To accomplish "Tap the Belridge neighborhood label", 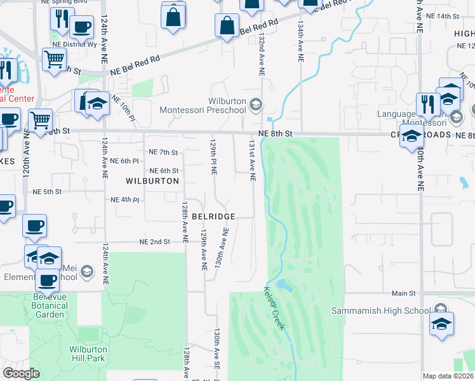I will (219, 217).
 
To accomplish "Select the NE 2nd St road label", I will (154, 242).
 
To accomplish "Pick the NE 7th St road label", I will (163, 152).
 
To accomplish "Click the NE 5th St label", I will (47, 191).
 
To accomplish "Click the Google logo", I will (21, 373).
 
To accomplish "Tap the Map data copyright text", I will (447, 376).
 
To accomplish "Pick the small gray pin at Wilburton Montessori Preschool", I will (255, 104).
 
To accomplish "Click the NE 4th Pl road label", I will (124, 200).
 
